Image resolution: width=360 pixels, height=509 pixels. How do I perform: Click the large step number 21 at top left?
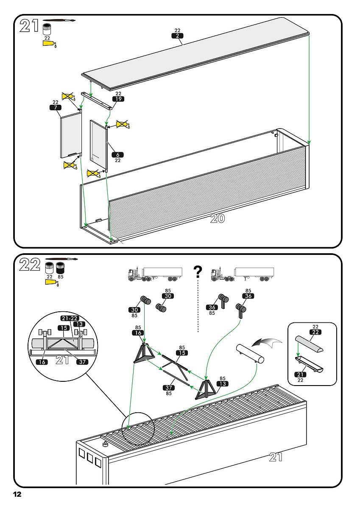point(30,26)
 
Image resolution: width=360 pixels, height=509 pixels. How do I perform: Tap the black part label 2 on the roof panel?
point(178,36)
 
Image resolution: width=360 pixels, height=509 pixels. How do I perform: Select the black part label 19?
point(118,99)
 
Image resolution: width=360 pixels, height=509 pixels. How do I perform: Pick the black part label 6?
point(117,155)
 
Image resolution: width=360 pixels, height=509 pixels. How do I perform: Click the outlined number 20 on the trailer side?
point(218,219)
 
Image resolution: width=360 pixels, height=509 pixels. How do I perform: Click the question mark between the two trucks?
point(197,272)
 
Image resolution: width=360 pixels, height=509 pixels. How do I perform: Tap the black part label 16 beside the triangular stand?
point(138,333)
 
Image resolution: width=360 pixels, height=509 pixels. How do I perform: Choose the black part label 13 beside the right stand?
point(222,384)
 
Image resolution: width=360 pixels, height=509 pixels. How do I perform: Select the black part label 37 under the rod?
point(169,388)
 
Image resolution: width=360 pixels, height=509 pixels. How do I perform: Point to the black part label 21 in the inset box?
point(300,375)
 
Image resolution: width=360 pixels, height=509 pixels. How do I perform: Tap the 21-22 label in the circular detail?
point(70,318)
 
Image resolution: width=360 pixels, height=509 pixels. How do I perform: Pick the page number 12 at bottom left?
point(17,494)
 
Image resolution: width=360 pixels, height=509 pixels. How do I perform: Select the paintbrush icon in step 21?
point(59,20)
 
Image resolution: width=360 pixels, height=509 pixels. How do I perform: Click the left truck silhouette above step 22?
point(155,274)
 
